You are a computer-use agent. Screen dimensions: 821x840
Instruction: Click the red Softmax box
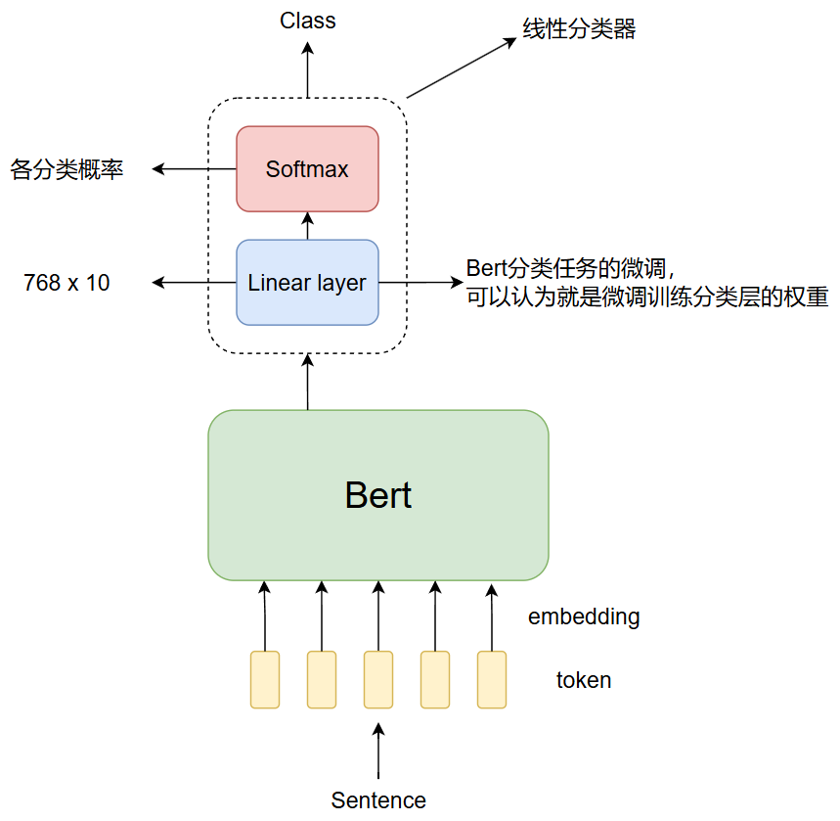(307, 168)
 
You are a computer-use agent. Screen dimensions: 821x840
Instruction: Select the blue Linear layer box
(307, 283)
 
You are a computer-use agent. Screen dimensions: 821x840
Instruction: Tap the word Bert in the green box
(378, 495)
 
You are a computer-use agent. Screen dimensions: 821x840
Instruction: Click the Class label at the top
(307, 21)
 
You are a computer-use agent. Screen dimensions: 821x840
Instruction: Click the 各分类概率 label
(67, 169)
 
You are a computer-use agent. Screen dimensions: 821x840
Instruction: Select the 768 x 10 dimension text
(66, 284)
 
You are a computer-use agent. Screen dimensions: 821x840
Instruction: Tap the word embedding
(584, 617)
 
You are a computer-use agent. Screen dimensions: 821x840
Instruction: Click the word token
(584, 680)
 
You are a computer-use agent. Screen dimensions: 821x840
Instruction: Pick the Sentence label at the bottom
(378, 800)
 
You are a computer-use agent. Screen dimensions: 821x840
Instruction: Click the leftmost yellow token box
(265, 679)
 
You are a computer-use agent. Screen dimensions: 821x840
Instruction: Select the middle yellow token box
(378, 679)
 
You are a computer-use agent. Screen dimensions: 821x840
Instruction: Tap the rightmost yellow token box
(492, 679)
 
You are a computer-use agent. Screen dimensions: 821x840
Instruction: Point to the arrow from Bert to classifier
(308, 383)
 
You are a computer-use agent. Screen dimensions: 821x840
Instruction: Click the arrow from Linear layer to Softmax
(307, 225)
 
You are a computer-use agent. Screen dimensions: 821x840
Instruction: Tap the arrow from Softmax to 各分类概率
(195, 169)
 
